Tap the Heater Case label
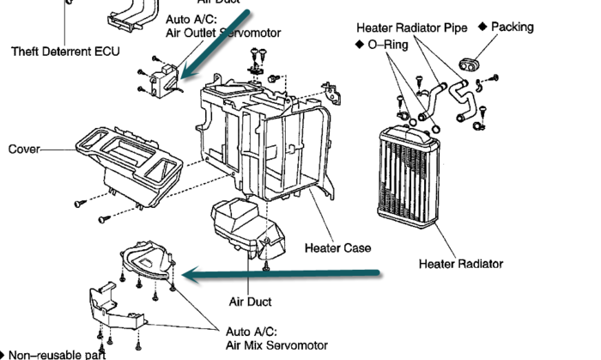(x=338, y=248)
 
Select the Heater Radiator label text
(x=461, y=263)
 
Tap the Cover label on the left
(x=24, y=149)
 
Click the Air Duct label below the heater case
(x=250, y=302)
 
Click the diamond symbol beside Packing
(x=482, y=27)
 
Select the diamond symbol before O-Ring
(x=358, y=44)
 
